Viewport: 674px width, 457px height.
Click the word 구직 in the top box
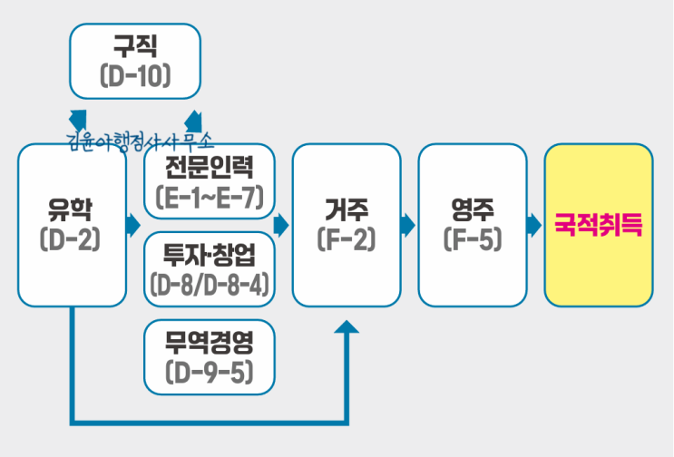coord(135,44)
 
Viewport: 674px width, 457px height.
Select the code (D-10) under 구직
coord(135,77)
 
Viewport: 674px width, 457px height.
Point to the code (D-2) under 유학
coord(71,240)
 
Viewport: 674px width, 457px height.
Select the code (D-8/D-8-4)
coord(209,286)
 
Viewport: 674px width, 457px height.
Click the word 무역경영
coord(209,342)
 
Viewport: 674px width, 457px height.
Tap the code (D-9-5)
coord(209,372)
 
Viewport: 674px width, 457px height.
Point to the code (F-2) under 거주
coord(346,240)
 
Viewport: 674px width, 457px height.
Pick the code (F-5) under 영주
coord(472,240)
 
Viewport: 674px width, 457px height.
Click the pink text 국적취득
coord(598,224)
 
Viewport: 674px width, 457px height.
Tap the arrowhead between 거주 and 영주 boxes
coord(408,224)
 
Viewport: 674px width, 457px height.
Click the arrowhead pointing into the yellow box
coord(534,224)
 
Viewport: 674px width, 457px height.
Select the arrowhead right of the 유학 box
coord(135,224)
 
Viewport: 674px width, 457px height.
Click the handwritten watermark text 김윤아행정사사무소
coord(140,142)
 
